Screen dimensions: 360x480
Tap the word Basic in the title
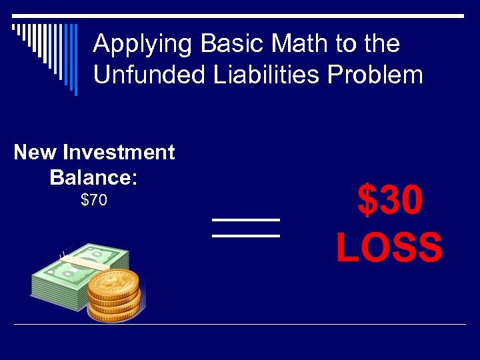(217, 45)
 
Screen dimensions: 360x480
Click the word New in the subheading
(35, 153)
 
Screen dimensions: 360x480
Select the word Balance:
(93, 177)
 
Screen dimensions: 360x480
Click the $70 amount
(93, 200)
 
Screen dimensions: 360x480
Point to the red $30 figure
(389, 201)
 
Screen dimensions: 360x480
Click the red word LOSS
(389, 248)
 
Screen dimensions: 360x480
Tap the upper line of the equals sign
(245, 219)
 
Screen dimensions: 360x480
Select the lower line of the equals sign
(245, 235)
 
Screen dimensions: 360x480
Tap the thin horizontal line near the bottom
(240, 325)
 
